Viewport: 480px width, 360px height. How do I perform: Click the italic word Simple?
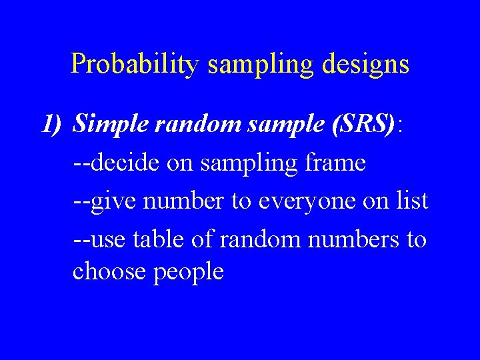click(x=109, y=123)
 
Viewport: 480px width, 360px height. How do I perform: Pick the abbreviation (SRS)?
click(x=363, y=123)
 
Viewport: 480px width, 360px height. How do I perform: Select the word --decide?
click(x=115, y=163)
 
